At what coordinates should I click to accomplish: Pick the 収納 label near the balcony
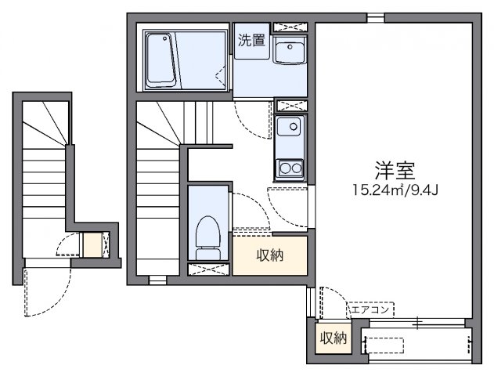[x=332, y=338]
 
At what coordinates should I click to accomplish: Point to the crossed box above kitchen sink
[x=291, y=105]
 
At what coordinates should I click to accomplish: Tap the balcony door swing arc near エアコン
[x=333, y=302]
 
